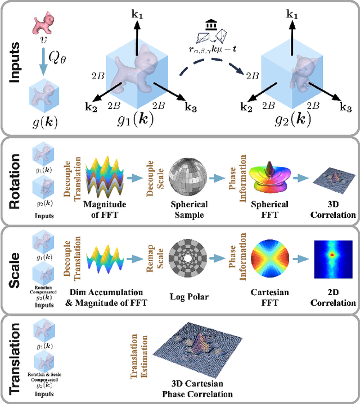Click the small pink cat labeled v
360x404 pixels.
[41, 22]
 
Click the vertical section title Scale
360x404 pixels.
[15, 269]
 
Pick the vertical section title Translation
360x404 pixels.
[15, 357]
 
